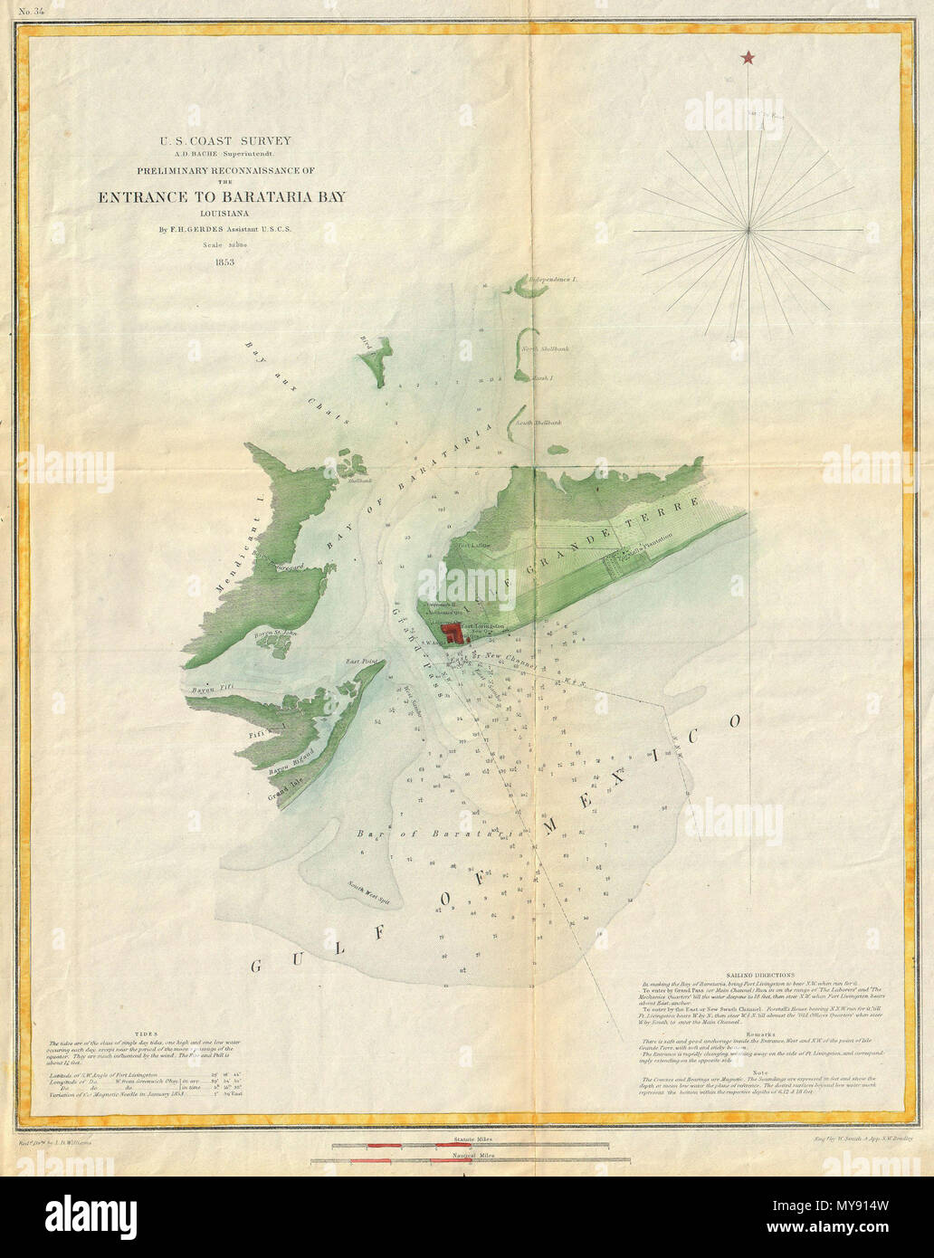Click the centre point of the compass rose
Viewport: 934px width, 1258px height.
click(748, 231)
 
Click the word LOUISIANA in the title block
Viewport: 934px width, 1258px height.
click(225, 214)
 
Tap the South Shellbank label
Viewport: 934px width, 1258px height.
click(538, 423)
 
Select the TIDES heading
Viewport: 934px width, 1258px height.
click(144, 1034)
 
